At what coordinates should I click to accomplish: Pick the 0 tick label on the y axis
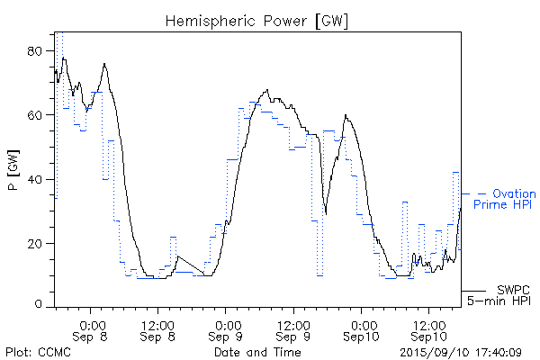[40, 306]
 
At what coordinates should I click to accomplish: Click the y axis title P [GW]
[13, 171]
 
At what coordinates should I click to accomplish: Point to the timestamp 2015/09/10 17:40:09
[461, 352]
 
